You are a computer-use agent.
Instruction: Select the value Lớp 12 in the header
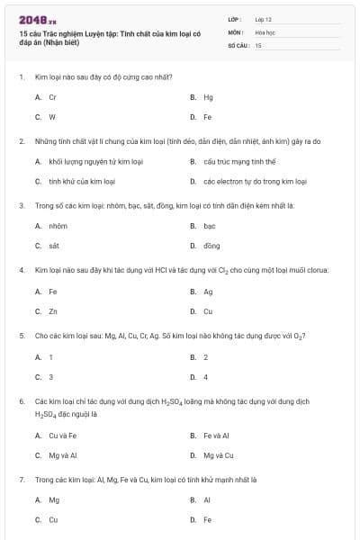pyautogui.click(x=263, y=19)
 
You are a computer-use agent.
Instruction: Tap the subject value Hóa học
pyautogui.click(x=265, y=31)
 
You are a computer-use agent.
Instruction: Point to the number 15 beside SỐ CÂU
pyautogui.click(x=258, y=44)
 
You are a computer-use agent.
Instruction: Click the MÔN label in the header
pyautogui.click(x=237, y=31)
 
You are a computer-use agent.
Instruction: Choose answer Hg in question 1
pyautogui.click(x=208, y=96)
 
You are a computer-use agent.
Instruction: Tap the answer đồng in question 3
pyautogui.click(x=211, y=246)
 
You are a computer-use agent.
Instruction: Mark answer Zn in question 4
pyautogui.click(x=53, y=311)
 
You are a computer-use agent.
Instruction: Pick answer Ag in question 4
pyautogui.click(x=208, y=292)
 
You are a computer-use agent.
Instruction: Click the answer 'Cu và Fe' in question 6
pyautogui.click(x=62, y=435)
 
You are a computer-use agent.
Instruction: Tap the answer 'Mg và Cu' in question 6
pyautogui.click(x=219, y=455)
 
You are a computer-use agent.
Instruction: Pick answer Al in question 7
pyautogui.click(x=207, y=499)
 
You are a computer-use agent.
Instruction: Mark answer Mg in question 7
pyautogui.click(x=54, y=499)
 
